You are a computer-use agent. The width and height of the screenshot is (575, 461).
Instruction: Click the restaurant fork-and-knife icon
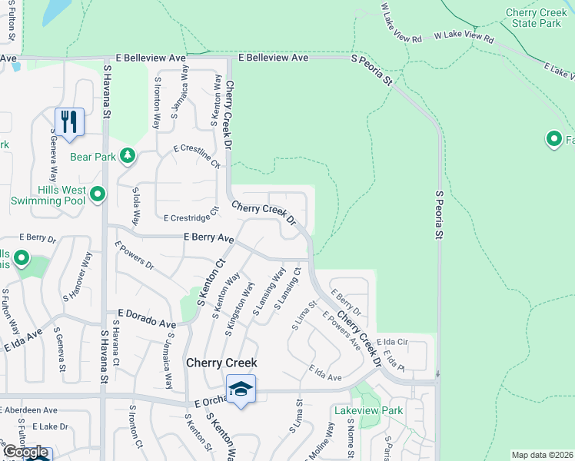point(69,121)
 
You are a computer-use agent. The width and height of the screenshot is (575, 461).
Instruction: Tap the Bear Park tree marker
point(127,157)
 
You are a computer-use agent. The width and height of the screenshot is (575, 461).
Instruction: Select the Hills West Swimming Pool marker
point(98,195)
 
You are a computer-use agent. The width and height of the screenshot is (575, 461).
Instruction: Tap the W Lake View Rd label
point(460,35)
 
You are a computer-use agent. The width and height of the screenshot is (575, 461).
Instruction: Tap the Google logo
point(25,452)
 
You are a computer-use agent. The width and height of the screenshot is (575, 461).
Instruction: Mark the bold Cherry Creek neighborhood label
point(220,363)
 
